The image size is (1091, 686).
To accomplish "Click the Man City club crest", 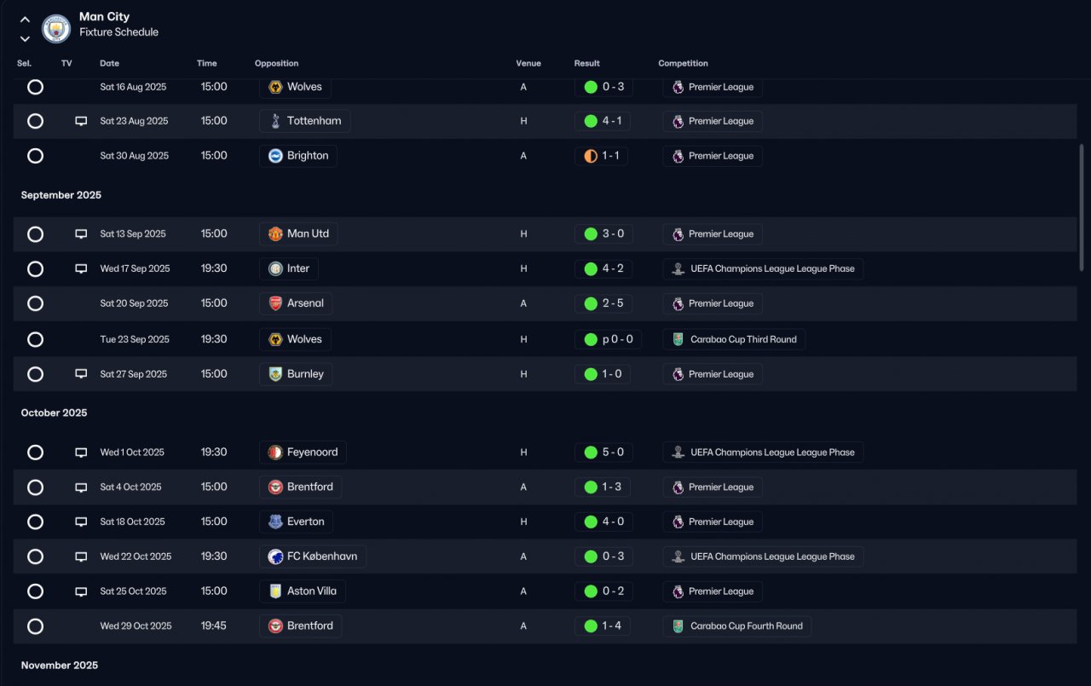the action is pos(56,28).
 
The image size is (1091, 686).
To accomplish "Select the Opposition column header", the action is pos(276,63).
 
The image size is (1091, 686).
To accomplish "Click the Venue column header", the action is pos(528,63).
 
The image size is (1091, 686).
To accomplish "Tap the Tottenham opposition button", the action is pos(305,121).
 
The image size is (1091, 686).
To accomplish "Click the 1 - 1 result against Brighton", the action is pos(601,156).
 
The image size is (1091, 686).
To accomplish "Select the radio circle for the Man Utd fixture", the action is pos(35,234).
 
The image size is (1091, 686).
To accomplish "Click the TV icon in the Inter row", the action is pos(81,268).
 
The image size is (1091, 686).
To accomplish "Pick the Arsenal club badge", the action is pos(275,303).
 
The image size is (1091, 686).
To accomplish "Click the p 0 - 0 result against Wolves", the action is pos(608,339).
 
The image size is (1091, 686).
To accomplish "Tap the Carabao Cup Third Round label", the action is pos(734,339).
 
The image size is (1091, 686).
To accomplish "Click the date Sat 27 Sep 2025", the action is pos(134,374).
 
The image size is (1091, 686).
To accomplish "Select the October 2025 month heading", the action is pos(54,412).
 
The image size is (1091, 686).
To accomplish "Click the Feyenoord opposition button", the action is pos(303,453).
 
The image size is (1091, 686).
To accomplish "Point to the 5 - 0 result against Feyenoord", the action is pos(604,453).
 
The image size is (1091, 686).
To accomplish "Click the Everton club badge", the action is pos(275,522).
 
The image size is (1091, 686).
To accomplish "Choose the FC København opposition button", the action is pos(313,556).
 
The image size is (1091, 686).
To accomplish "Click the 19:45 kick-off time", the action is pos(213,625).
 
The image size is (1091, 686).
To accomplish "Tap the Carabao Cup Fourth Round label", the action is pos(737,626).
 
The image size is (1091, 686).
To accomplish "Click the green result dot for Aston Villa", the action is pos(591,591).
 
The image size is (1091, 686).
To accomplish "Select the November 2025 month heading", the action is pos(60,665).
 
